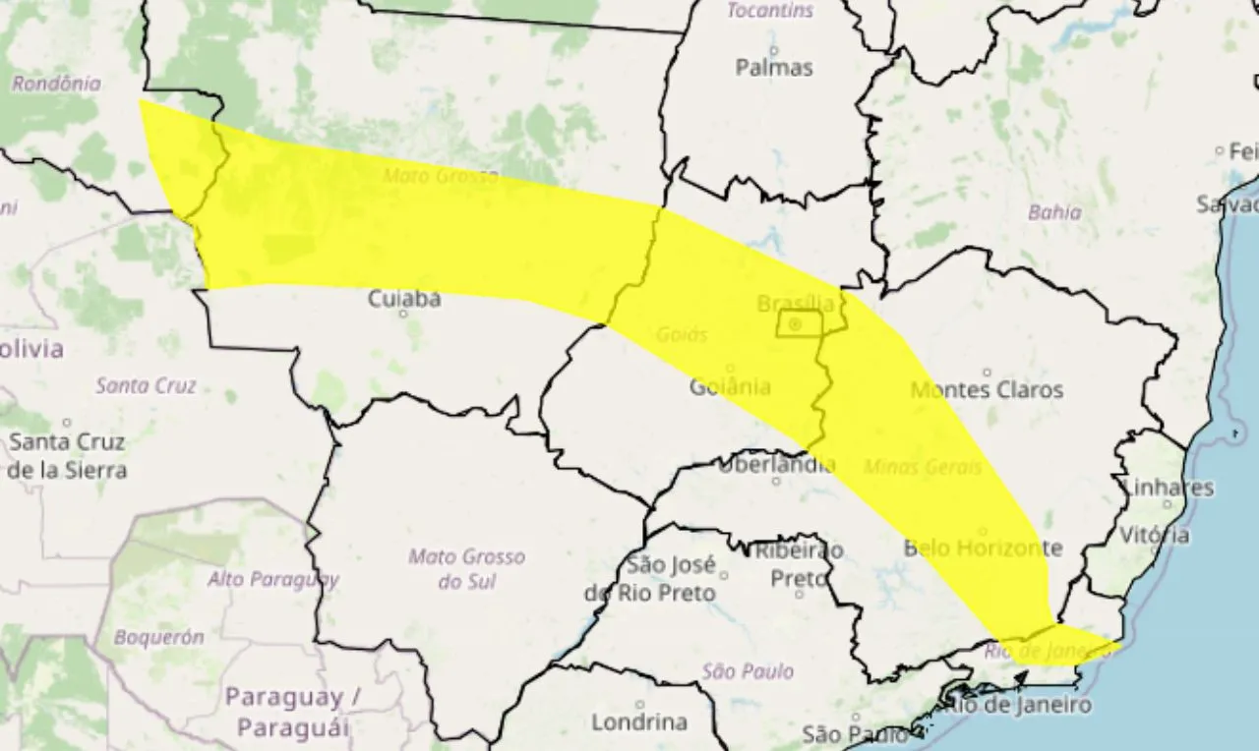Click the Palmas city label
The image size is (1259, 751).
click(x=774, y=68)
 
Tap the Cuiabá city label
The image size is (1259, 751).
click(x=404, y=299)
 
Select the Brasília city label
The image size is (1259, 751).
click(x=796, y=304)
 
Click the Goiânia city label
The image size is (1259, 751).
click(x=730, y=386)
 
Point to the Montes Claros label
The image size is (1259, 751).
click(x=987, y=390)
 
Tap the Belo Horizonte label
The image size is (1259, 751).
click(x=983, y=548)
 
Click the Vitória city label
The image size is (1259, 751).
click(x=1155, y=536)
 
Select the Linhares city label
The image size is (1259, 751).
click(x=1168, y=488)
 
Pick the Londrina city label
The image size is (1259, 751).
click(x=639, y=722)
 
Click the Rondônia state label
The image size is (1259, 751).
click(x=56, y=84)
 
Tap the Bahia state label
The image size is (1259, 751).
click(x=1054, y=212)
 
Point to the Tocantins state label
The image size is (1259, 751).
click(x=770, y=11)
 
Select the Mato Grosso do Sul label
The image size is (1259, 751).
click(x=466, y=569)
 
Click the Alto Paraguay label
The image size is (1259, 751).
click(x=272, y=579)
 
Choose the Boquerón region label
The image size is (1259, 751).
click(x=158, y=637)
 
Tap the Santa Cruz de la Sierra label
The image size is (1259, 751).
click(x=68, y=456)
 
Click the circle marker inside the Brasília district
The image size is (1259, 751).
click(x=795, y=323)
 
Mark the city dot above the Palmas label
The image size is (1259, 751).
click(x=774, y=49)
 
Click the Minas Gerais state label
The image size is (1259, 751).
click(x=922, y=468)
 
